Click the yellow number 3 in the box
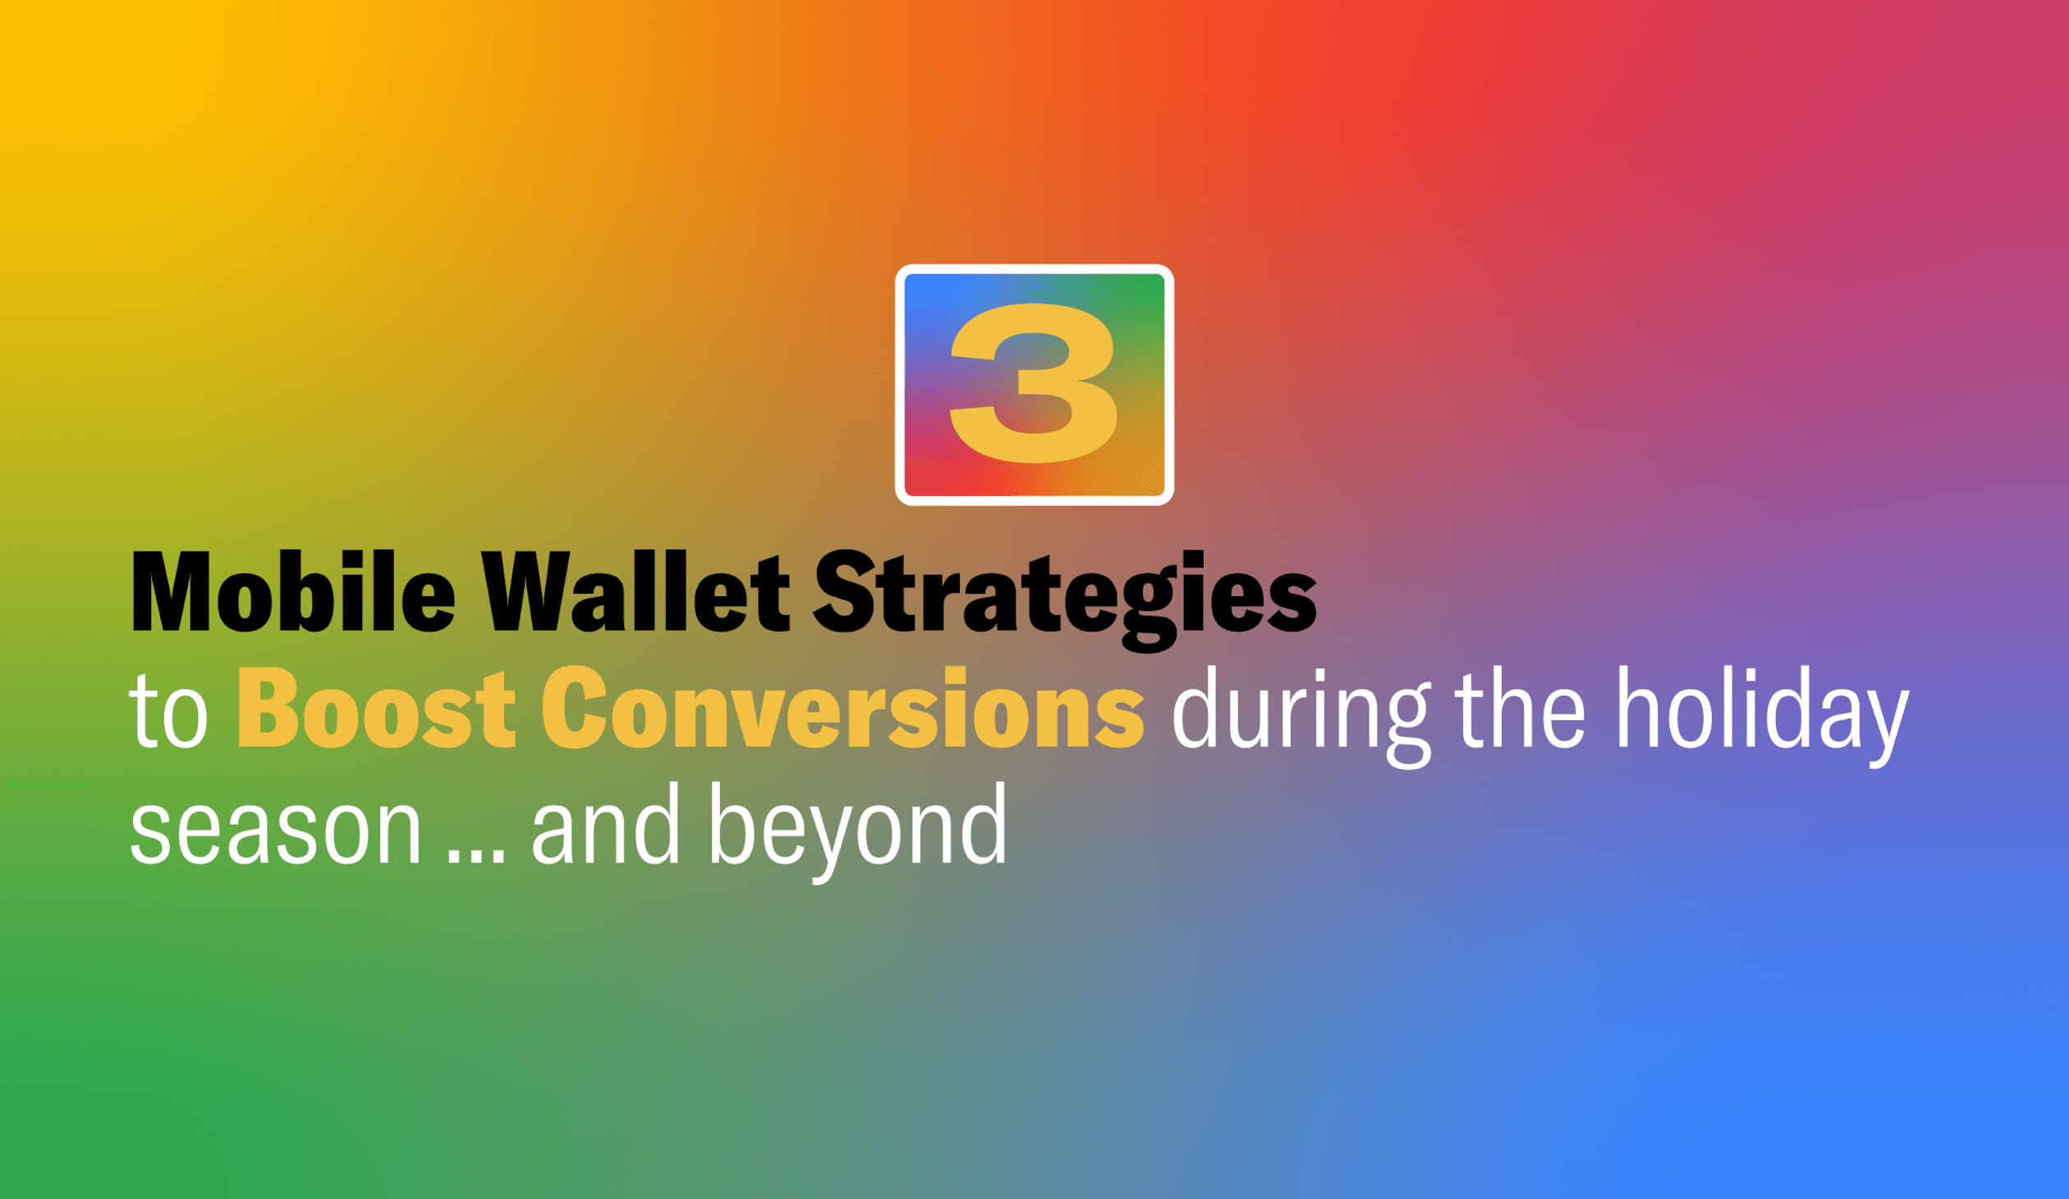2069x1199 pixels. (x=1033, y=383)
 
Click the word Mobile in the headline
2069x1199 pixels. (x=293, y=592)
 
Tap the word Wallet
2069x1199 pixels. (x=635, y=592)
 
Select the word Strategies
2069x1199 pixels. (x=1065, y=595)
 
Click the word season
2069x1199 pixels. (x=276, y=828)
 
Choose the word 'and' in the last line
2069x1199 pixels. (x=606, y=825)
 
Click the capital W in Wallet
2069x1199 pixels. (x=525, y=592)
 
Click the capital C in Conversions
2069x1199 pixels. (x=573, y=708)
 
